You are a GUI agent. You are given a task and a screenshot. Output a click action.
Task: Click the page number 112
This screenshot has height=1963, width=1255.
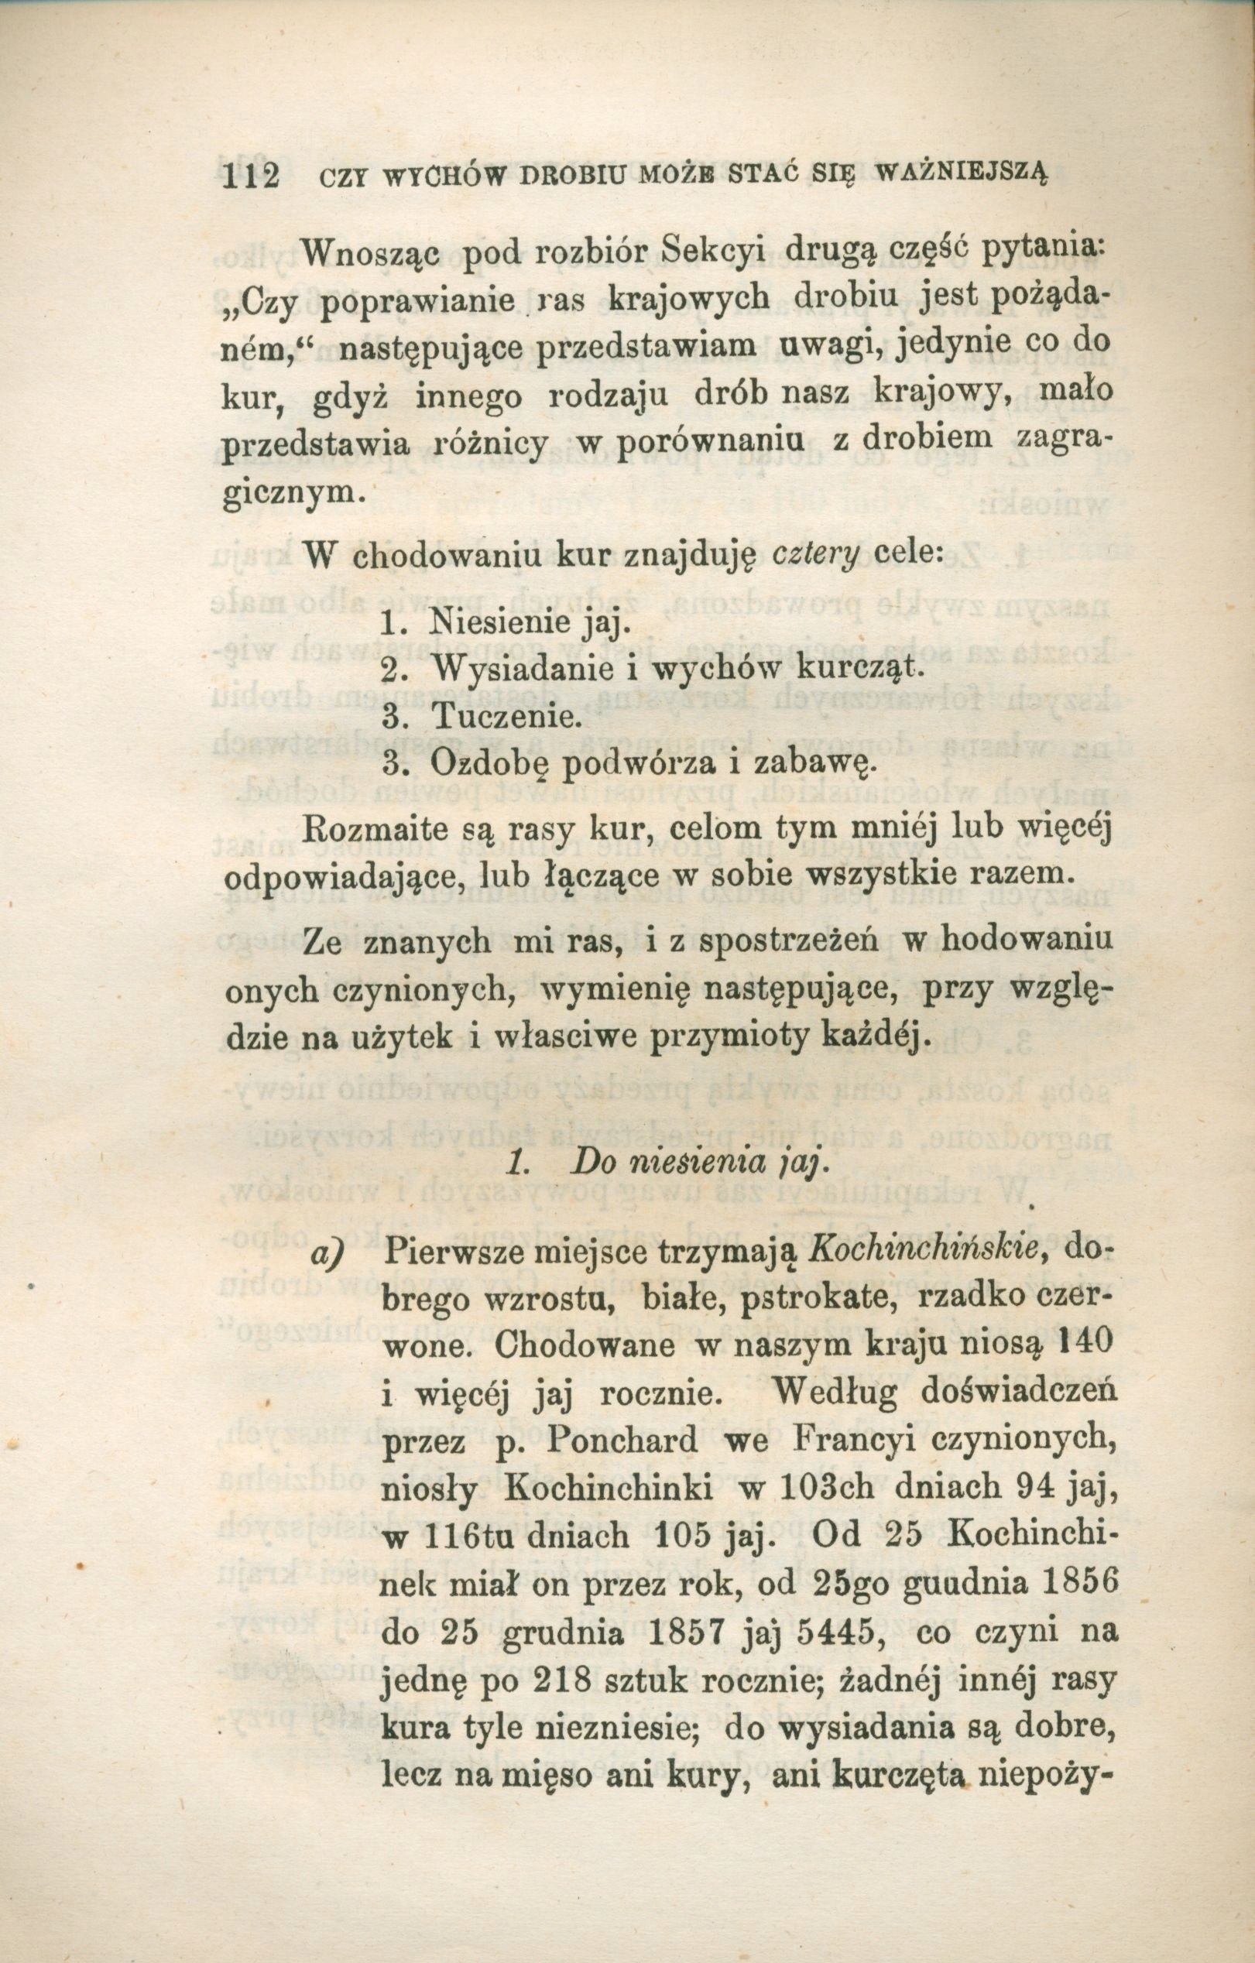click(250, 177)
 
